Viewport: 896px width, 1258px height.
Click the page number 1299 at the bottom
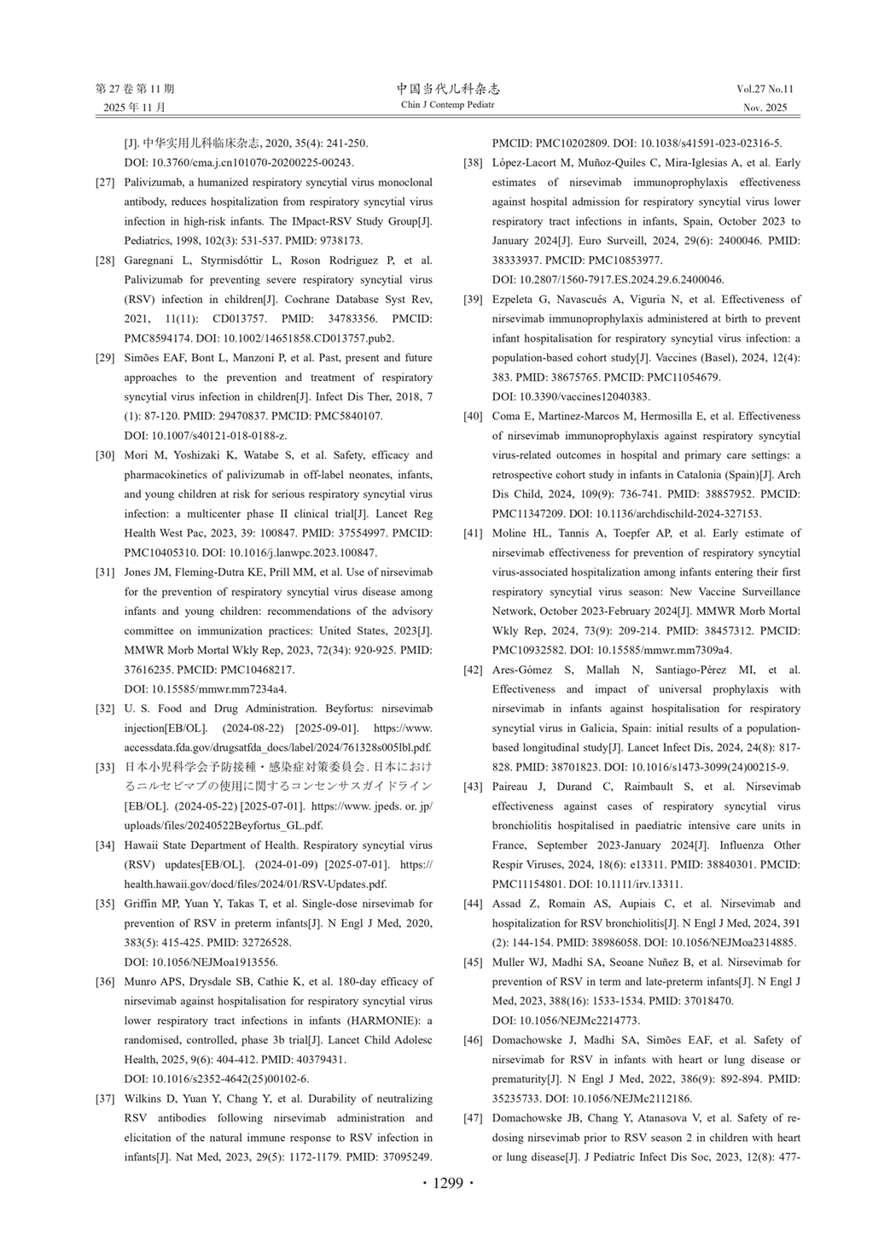pyautogui.click(x=448, y=1183)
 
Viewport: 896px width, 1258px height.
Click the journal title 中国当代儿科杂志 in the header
pyautogui.click(x=448, y=89)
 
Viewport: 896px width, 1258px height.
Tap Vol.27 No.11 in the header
pyautogui.click(x=765, y=89)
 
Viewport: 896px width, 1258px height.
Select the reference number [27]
pyautogui.click(x=106, y=183)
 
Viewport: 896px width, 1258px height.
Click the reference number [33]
pyautogui.click(x=106, y=767)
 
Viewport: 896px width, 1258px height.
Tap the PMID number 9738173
pyautogui.click(x=340, y=241)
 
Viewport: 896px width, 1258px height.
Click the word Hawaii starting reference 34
pyautogui.click(x=141, y=845)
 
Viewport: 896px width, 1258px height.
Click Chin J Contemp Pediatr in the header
pyautogui.click(x=447, y=105)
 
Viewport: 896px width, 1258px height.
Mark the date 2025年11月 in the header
pyautogui.click(x=135, y=108)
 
